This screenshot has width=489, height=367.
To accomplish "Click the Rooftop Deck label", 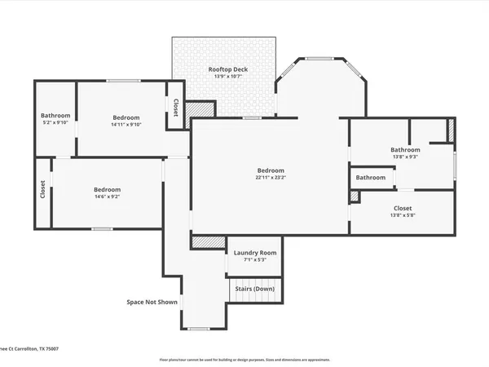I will (x=227, y=70).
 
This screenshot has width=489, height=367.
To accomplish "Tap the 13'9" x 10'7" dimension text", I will (x=227, y=78).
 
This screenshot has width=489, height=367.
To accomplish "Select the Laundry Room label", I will (x=255, y=253).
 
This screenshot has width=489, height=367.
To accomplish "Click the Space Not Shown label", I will (x=152, y=302).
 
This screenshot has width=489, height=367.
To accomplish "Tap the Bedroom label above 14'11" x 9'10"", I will (x=126, y=117).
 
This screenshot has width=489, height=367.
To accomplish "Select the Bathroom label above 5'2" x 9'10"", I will (x=55, y=116).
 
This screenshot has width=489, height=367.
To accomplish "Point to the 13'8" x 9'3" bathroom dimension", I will (x=405, y=157).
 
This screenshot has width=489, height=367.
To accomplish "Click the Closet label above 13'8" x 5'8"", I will (x=403, y=208).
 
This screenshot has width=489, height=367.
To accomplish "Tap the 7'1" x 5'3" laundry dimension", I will (x=255, y=261).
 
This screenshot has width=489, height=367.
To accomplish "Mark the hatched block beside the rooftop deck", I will (x=199, y=111).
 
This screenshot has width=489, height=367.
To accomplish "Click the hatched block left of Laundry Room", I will (x=207, y=241).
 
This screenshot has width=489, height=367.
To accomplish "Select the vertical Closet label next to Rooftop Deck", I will (x=175, y=107).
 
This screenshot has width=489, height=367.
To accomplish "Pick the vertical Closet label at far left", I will (x=42, y=189).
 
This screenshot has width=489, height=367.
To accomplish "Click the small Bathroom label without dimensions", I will (x=370, y=178).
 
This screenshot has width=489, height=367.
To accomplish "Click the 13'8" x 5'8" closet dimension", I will (x=403, y=216).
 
